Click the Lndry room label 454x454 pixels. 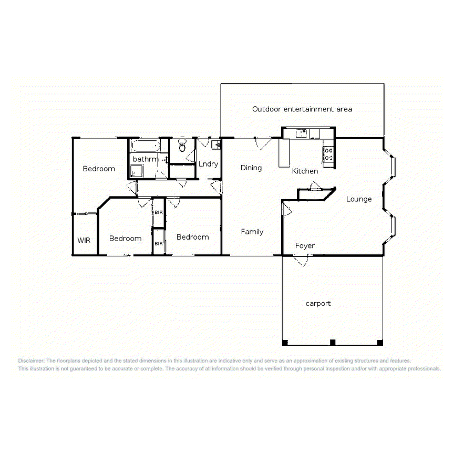click(208, 164)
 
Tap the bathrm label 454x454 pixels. click(145, 159)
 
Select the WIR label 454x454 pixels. click(84, 240)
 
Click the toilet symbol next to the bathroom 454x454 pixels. click(182, 146)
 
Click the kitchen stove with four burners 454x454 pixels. click(329, 154)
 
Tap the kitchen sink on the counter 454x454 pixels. click(302, 133)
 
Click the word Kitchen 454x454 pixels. click(305, 171)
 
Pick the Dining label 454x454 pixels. click(251, 168)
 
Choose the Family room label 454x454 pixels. click(252, 232)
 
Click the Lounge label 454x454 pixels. click(359, 199)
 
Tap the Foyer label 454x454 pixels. click(305, 245)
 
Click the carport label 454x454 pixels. click(318, 303)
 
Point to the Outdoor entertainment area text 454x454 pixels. click(302, 109)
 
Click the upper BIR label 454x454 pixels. click(158, 212)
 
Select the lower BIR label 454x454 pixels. click(158, 243)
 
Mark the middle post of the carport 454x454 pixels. click(332, 343)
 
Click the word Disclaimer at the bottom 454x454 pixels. click(32, 361)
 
